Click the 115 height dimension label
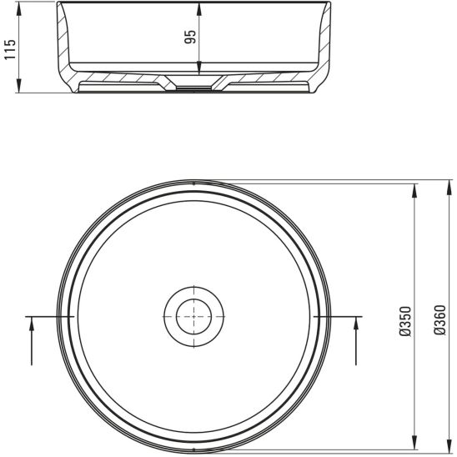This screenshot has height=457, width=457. tap(10, 48)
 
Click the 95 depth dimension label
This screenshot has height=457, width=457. tap(190, 38)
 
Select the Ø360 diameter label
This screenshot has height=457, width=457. tap(439, 320)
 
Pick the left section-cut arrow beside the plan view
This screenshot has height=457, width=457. tap(32, 327)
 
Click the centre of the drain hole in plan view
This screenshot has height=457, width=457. tap(193, 316)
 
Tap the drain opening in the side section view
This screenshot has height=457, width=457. tap(193, 87)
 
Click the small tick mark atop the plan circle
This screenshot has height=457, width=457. tap(193, 181)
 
